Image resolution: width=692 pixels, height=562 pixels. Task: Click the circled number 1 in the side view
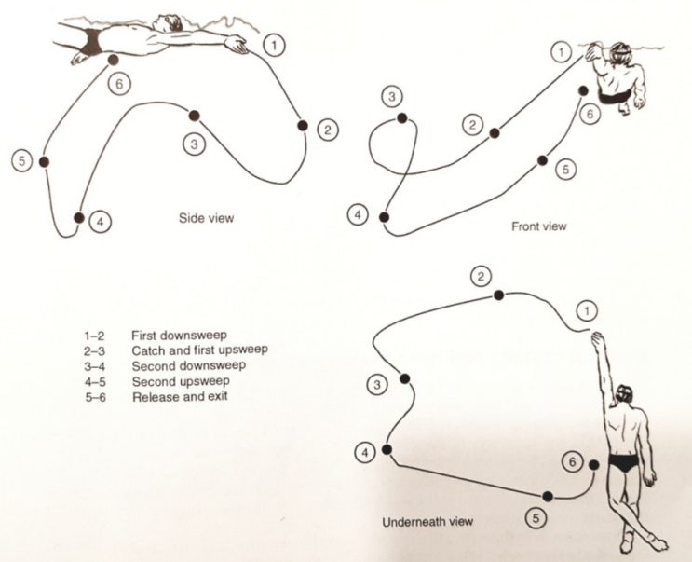pos(273,42)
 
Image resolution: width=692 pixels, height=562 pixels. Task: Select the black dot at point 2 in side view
pos(301,126)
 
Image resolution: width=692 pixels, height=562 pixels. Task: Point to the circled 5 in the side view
pos(22,160)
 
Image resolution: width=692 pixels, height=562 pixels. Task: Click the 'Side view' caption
pos(206,219)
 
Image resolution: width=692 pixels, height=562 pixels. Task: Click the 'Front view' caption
pos(538,226)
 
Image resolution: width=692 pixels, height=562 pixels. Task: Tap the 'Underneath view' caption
pos(427,521)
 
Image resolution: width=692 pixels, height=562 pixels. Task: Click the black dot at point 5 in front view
pos(541,160)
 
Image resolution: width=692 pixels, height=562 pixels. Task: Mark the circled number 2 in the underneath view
pos(481,276)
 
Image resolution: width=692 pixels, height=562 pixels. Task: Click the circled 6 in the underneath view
pos(574,461)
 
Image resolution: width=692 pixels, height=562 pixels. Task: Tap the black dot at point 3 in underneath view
pos(404,378)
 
